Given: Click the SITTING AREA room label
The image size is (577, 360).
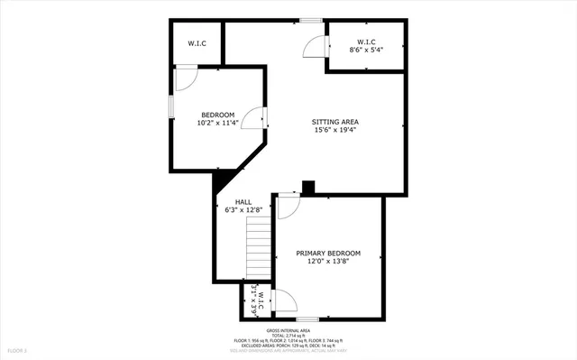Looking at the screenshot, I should [x=335, y=121].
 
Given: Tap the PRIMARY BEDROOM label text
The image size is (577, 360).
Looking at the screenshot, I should [x=328, y=253].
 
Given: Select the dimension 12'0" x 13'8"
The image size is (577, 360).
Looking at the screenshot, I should [x=328, y=262].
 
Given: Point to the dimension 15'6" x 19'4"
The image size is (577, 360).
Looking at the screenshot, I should [x=335, y=130].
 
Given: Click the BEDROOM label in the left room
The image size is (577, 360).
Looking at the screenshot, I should [x=217, y=115].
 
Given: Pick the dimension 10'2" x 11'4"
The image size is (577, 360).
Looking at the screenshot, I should [x=217, y=124].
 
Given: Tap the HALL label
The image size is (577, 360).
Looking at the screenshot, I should [x=243, y=202].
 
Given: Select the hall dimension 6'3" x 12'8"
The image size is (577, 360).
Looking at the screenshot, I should [x=243, y=210].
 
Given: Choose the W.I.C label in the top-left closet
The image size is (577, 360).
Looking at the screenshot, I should [x=197, y=43].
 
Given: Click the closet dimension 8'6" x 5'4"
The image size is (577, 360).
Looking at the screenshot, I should [x=365, y=51].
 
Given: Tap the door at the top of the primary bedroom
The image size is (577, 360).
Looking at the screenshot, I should [x=288, y=207].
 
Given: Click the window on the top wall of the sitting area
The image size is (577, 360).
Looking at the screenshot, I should [x=311, y=20].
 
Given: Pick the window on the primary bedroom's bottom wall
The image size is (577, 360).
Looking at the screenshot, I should [x=307, y=318].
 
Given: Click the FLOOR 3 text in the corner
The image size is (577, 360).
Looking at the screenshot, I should [x=19, y=349].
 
